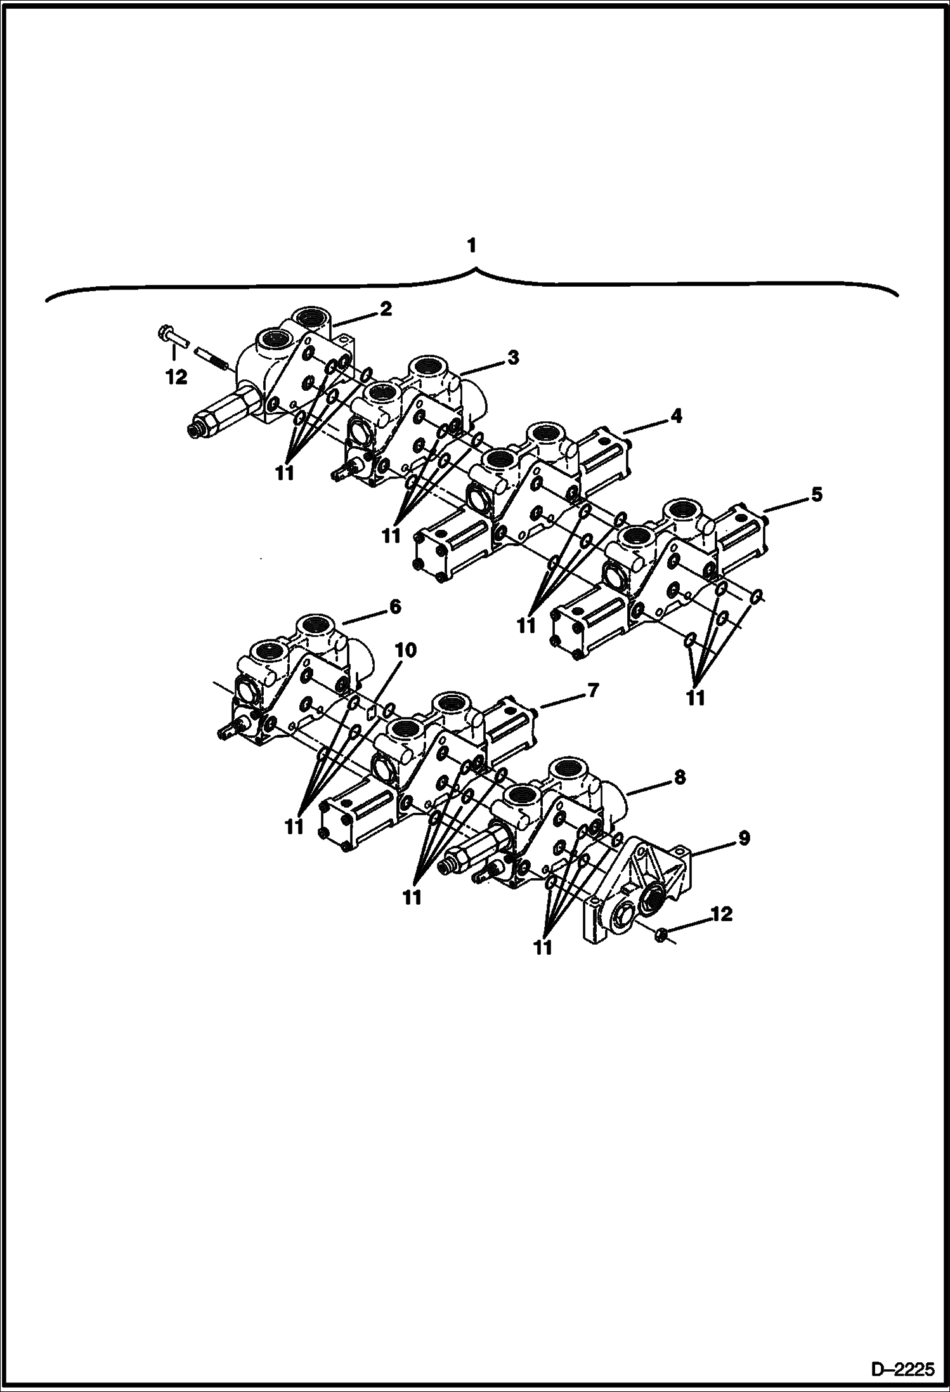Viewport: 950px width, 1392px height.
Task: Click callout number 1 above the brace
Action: click(471, 246)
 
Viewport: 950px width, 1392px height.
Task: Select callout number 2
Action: click(386, 309)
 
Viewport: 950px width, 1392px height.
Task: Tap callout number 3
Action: click(512, 358)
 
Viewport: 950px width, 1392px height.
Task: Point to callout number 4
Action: click(676, 416)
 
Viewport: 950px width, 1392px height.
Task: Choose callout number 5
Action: click(816, 494)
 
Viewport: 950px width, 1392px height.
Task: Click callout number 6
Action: click(394, 607)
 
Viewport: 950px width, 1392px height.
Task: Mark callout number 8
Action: click(679, 778)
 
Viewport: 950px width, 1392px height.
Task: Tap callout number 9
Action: click(743, 838)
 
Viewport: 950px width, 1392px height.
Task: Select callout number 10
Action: click(406, 650)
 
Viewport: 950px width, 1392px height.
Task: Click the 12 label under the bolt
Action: click(176, 378)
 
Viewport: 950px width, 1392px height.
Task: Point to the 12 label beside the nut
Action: click(721, 914)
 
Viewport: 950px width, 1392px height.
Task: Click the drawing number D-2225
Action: click(903, 1369)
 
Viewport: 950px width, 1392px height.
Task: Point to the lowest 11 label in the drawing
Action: click(543, 948)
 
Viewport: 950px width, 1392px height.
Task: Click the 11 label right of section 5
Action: click(696, 697)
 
